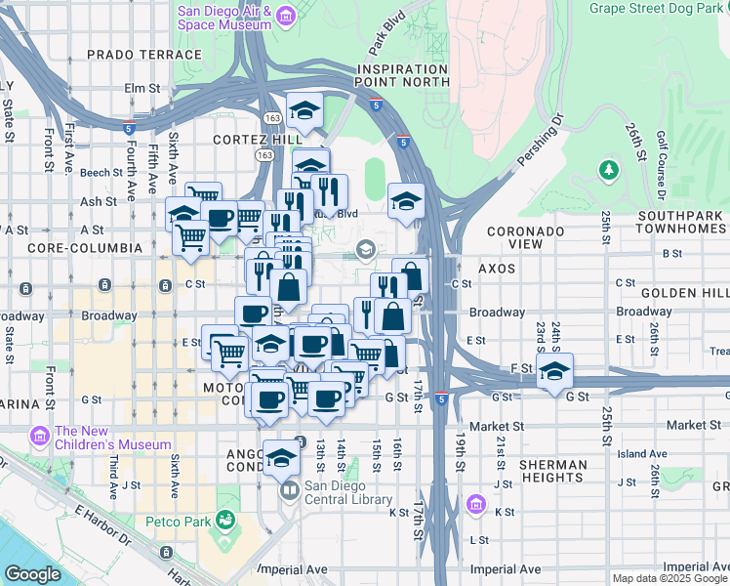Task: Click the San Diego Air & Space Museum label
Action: (x=223, y=17)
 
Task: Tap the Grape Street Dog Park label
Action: (x=659, y=9)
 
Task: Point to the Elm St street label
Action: (x=142, y=88)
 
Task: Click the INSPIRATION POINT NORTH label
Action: (x=403, y=76)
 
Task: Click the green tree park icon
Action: (x=610, y=171)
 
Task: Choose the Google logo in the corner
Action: (x=32, y=574)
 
